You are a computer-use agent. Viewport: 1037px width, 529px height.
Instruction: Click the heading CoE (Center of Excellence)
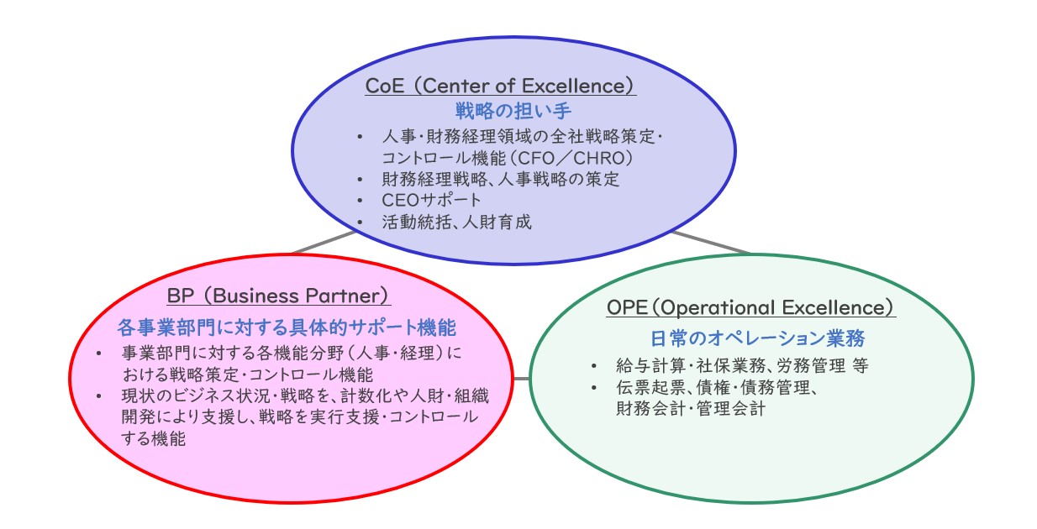pos(501,86)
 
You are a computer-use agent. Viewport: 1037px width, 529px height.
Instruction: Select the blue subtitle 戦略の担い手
pos(513,111)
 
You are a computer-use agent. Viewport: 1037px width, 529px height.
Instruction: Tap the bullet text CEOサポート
pos(431,200)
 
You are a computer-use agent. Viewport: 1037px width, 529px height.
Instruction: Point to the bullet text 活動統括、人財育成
pos(456,222)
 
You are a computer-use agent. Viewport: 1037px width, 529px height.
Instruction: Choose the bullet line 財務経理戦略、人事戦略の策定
pos(501,179)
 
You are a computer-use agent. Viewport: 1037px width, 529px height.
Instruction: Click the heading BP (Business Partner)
pos(279,296)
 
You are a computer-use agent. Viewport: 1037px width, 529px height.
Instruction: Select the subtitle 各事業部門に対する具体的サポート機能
pos(287,327)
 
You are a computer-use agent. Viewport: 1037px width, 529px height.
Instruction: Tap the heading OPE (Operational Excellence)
pos(751,308)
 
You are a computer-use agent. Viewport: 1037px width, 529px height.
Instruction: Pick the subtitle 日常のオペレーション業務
pos(757,338)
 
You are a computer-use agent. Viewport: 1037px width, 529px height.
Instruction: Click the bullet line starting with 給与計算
pos(742,366)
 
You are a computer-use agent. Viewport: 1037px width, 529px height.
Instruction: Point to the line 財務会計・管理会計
pos(691,409)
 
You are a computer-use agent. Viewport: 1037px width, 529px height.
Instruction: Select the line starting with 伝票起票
pos(717,387)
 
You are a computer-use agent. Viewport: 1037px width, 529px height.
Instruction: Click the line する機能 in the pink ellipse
pos(154,438)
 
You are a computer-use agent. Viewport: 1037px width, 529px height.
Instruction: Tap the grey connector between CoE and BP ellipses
pos(324,243)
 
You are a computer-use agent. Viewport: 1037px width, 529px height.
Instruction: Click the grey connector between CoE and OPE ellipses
pos(711,243)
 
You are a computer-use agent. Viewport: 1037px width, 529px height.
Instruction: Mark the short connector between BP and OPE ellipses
pos(521,379)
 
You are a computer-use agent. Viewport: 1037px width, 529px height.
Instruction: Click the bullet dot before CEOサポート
pos(361,201)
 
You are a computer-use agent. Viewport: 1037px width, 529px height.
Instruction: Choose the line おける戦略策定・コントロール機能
pos(248,374)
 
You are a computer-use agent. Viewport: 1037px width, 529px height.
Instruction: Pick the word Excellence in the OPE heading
pos(833,308)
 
